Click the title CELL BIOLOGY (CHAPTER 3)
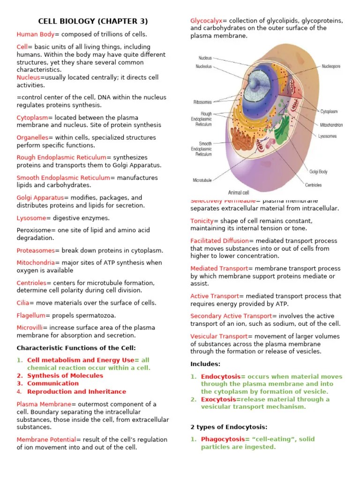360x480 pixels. pyautogui.click(x=93, y=21)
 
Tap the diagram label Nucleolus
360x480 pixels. pyautogui.click(x=203, y=67)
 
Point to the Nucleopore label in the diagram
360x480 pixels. pyautogui.click(x=331, y=67)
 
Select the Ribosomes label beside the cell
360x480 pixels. pyautogui.click(x=202, y=102)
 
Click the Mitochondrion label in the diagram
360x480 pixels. pyautogui.click(x=331, y=125)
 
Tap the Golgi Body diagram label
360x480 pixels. pyautogui.click(x=318, y=172)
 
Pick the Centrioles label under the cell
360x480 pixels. pyautogui.click(x=314, y=185)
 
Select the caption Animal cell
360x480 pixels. pyautogui.click(x=239, y=192)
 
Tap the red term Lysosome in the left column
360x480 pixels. pyautogui.click(x=31, y=218)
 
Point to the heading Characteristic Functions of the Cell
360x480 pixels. pyautogui.click(x=76, y=348)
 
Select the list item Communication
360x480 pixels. pyautogui.click(x=53, y=383)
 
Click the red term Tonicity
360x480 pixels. pyautogui.click(x=202, y=221)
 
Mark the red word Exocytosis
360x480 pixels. pyautogui.click(x=218, y=399)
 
